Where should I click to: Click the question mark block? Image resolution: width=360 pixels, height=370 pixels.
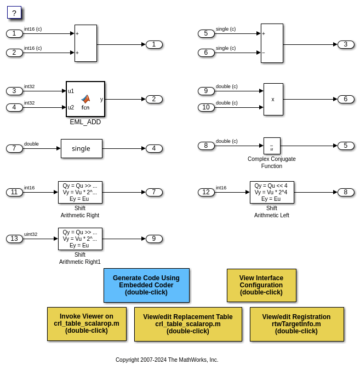point(14,13)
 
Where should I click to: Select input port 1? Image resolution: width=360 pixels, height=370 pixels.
point(14,33)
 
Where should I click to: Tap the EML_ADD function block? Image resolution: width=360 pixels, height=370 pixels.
point(85,99)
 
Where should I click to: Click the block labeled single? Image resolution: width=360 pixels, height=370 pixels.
point(81,148)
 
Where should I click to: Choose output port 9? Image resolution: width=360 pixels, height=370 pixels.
point(154,239)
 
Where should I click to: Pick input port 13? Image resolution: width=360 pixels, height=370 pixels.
point(14,239)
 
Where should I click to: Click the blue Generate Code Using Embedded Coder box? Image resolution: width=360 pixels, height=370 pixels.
point(146,285)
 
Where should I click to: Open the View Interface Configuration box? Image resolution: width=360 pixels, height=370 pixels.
point(261,285)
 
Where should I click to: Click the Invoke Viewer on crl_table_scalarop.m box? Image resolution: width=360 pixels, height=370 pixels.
point(87,323)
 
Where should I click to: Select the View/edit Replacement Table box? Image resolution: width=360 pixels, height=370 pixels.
point(188,324)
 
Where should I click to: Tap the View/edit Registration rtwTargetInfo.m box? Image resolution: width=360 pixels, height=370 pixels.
point(296,324)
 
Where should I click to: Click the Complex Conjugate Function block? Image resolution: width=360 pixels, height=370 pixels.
point(272,146)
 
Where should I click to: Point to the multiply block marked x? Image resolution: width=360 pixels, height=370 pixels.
point(273,99)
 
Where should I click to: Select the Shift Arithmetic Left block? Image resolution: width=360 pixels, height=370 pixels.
point(272,192)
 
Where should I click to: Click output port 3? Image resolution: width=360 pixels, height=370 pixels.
point(346,44)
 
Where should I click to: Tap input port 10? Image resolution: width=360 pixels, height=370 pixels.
point(206,107)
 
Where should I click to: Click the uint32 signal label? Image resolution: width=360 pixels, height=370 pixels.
point(31,234)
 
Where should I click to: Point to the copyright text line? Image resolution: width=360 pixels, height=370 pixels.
point(167,360)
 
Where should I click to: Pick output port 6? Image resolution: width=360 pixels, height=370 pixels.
point(346,99)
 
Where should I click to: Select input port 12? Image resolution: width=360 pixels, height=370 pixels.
point(206,192)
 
